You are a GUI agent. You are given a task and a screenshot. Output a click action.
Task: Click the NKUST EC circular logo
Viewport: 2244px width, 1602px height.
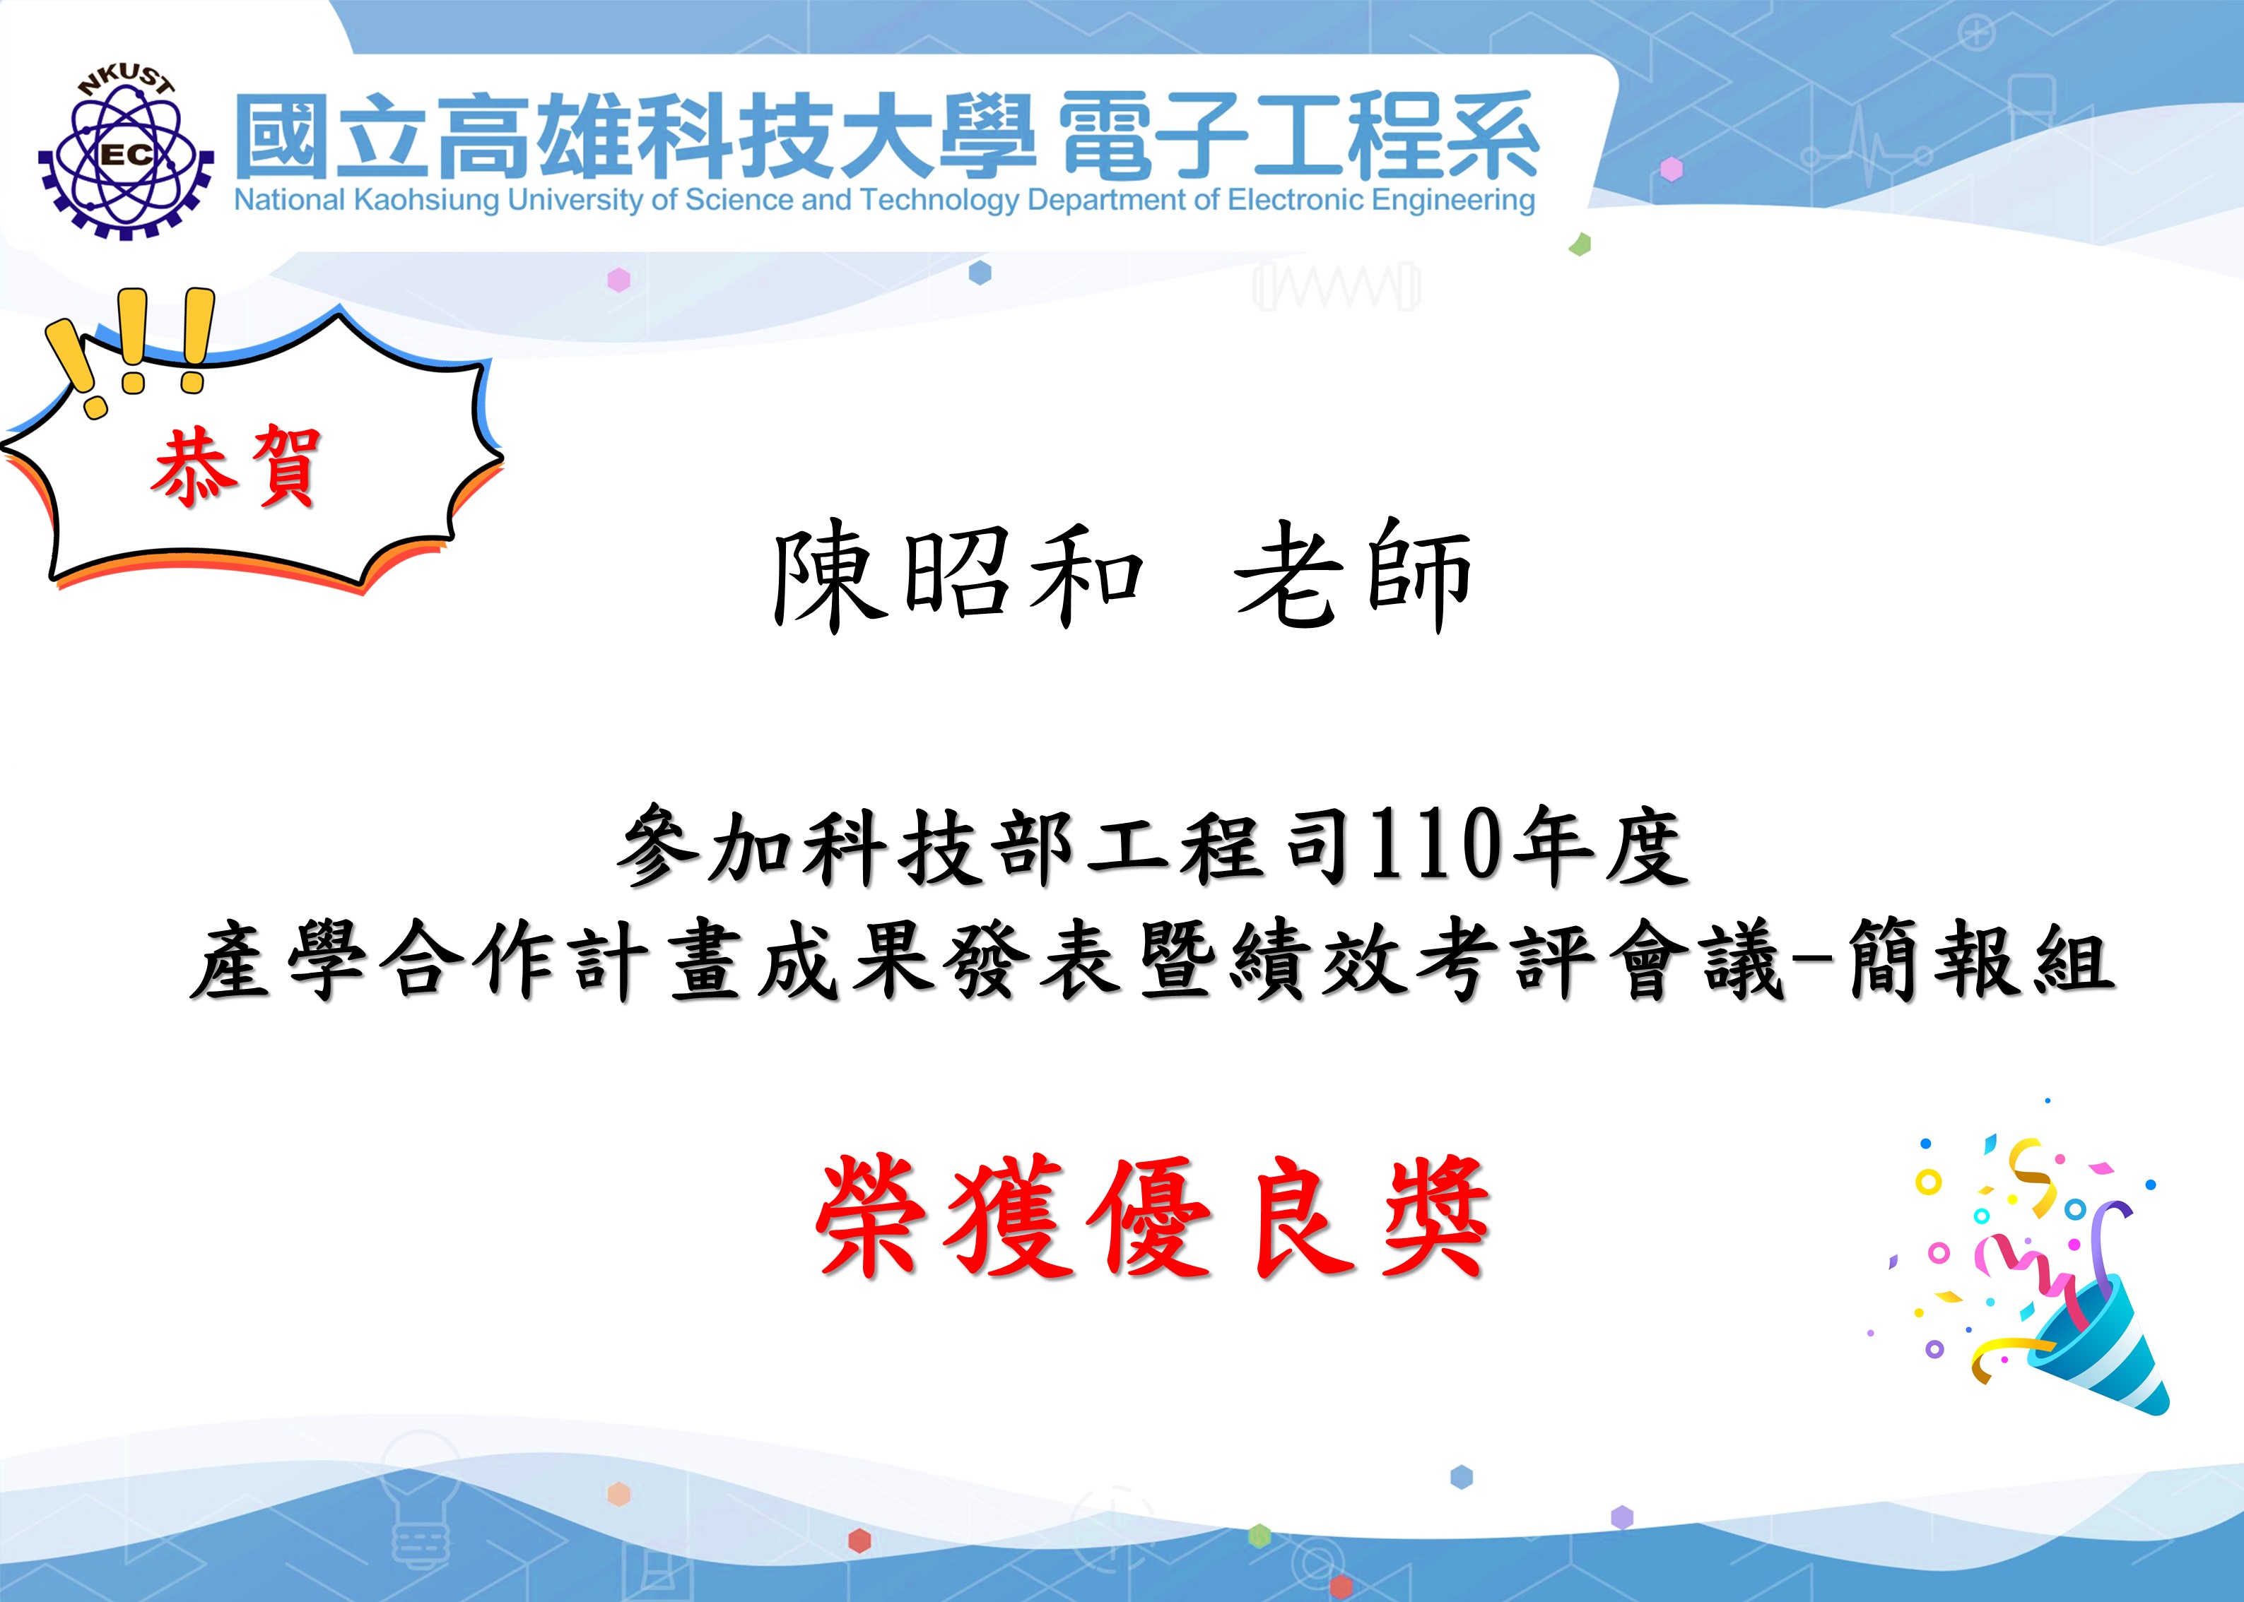(x=125, y=154)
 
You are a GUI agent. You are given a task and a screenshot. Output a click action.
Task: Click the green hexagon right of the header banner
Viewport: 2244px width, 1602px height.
(x=1580, y=244)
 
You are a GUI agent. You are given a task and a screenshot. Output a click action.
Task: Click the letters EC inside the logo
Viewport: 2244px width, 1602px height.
(x=127, y=155)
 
